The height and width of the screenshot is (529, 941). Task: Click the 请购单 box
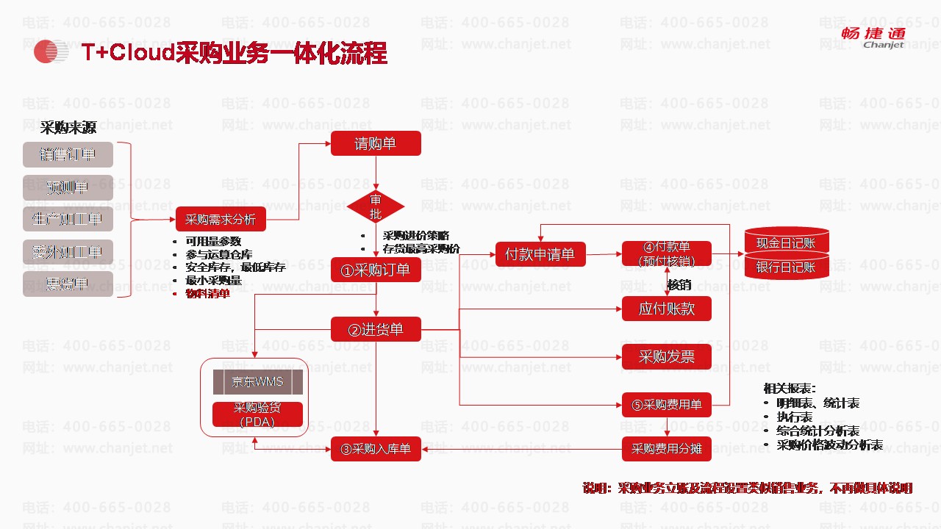(376, 143)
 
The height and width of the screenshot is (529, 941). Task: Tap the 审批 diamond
(376, 207)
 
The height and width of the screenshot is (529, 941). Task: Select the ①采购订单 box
(376, 270)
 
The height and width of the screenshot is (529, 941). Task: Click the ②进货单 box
(376, 330)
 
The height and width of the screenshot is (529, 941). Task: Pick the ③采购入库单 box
(376, 449)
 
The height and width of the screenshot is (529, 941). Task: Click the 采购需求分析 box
(221, 219)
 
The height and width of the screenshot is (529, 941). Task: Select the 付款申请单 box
(540, 255)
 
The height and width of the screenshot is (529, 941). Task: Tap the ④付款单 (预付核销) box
(667, 253)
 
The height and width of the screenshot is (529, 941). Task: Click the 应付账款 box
(667, 309)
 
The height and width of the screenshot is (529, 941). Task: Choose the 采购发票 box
(667, 357)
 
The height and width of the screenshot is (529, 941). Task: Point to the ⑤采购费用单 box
(667, 405)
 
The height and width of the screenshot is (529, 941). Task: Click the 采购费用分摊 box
(667, 449)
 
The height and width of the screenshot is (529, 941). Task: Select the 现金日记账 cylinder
(786, 242)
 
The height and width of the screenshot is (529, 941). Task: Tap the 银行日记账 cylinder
(786, 267)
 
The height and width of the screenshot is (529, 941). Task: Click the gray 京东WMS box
(257, 382)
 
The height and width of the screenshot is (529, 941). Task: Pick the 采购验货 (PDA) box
(257, 414)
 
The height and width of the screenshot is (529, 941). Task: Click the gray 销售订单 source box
(68, 155)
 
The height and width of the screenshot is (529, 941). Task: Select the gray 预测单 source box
(68, 187)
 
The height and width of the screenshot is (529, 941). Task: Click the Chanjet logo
(873, 37)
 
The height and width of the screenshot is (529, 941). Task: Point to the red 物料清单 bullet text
(207, 294)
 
